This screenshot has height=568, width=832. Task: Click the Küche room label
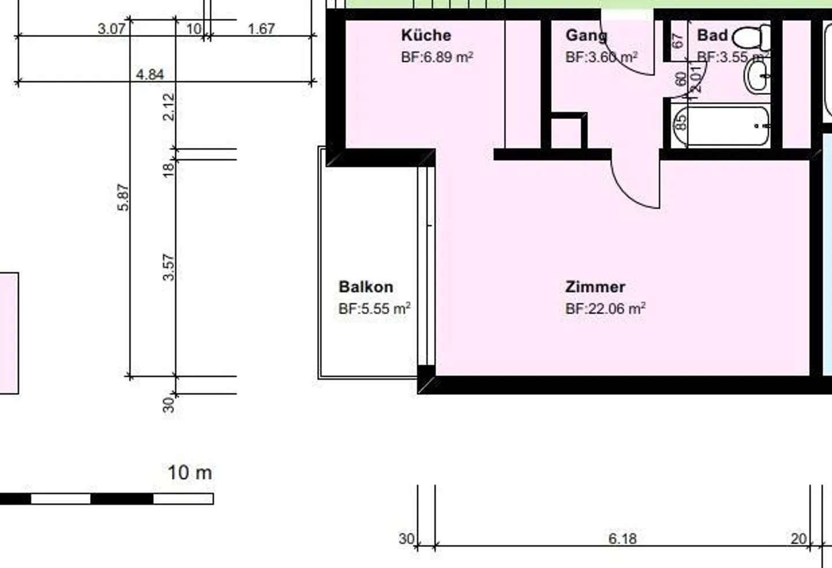click(426, 35)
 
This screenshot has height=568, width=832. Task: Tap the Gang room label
click(586, 35)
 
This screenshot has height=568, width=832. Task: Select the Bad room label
click(712, 35)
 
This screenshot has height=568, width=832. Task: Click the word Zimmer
click(595, 287)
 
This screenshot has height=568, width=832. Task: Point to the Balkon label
click(366, 287)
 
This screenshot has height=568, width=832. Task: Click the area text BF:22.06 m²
click(605, 309)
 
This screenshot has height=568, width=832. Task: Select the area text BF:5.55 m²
click(374, 309)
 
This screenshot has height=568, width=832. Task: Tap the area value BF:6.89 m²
click(437, 57)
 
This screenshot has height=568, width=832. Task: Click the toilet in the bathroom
click(752, 38)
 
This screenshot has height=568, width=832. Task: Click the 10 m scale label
click(190, 473)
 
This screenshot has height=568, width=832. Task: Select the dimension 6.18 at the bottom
click(622, 539)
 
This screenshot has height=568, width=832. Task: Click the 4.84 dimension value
click(150, 75)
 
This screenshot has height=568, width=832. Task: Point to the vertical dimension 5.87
click(123, 197)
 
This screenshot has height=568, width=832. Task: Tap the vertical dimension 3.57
click(168, 267)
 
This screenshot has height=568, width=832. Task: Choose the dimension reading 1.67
click(261, 28)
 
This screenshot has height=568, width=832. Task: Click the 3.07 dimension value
click(111, 28)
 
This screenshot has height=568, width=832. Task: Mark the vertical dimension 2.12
click(168, 106)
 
